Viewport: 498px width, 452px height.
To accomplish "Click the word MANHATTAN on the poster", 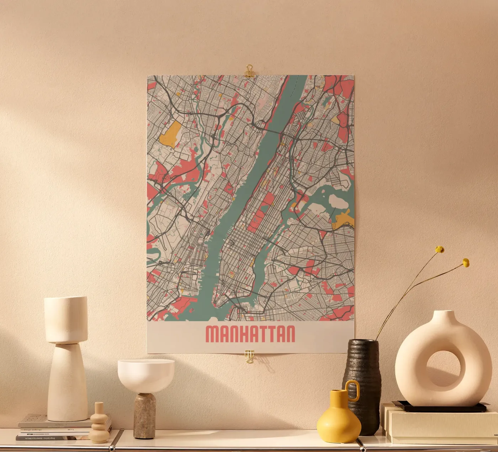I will pyautogui.click(x=250, y=334).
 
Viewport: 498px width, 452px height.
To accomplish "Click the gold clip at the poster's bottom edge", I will pyautogui.click(x=249, y=356).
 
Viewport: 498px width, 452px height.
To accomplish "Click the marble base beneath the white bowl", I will pyautogui.click(x=144, y=415).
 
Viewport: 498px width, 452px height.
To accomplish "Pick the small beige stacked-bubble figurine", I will pyautogui.click(x=100, y=424).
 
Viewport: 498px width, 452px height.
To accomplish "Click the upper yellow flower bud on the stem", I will pyautogui.click(x=440, y=249).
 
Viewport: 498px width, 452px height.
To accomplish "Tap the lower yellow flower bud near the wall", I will pyautogui.click(x=466, y=263).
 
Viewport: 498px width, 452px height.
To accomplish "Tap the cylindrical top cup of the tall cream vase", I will pyautogui.click(x=66, y=319).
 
